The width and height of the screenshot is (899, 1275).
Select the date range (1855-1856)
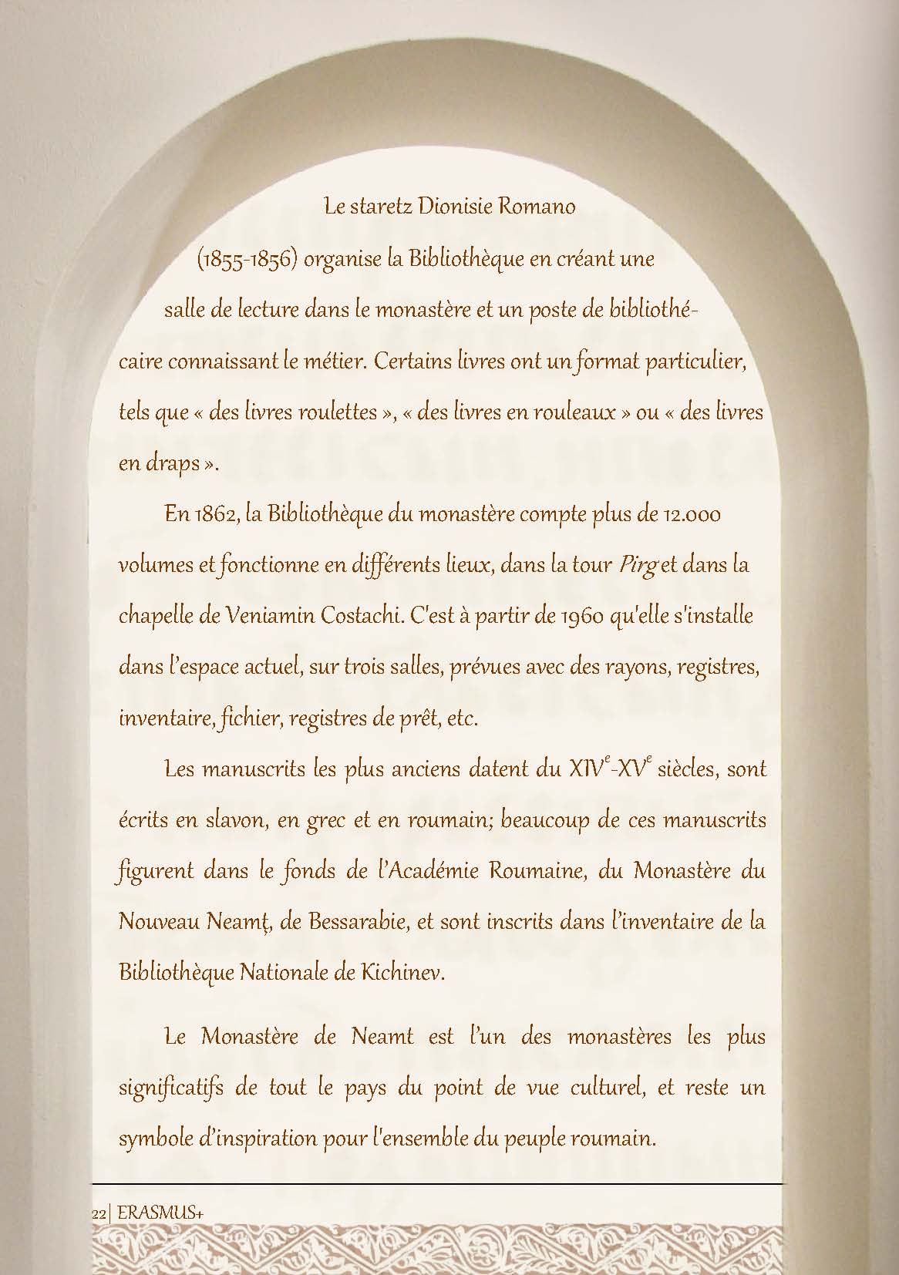point(247,259)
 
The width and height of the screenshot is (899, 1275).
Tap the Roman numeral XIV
point(585,769)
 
